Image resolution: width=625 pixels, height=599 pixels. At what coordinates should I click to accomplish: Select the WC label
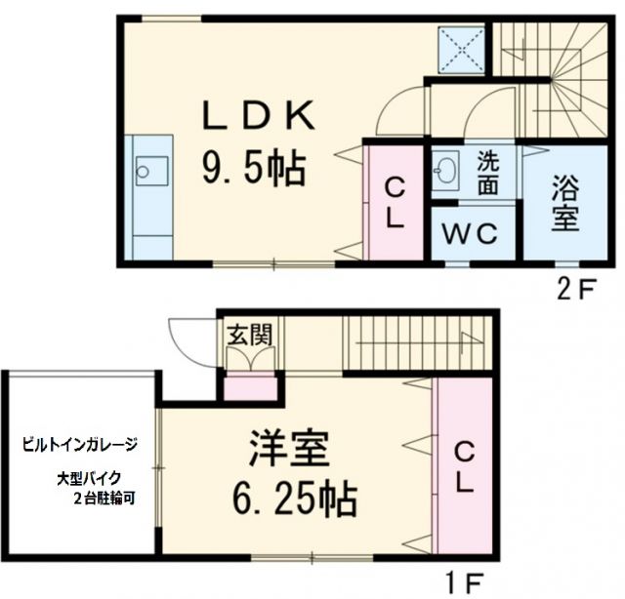click(x=474, y=234)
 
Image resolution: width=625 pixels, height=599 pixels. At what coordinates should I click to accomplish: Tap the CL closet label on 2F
click(x=394, y=202)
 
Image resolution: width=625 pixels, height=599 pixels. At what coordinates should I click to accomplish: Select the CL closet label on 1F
click(x=464, y=465)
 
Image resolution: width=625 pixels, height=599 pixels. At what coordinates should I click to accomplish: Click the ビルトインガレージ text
click(x=80, y=444)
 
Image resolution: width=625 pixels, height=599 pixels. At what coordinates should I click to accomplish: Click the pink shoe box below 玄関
click(x=251, y=389)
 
